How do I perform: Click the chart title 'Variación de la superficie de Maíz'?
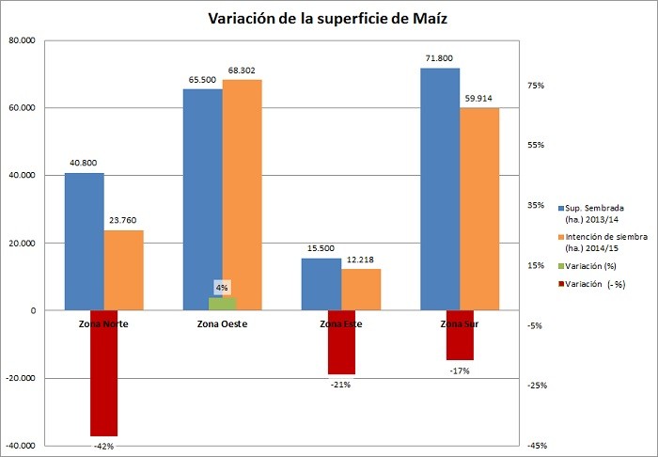(x=329, y=19)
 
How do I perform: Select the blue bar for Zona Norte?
(x=85, y=242)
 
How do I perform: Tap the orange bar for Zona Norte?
(x=123, y=270)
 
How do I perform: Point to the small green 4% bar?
(x=222, y=304)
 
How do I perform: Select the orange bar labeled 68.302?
(x=242, y=195)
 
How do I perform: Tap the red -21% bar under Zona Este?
(x=340, y=342)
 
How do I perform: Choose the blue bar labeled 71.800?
(x=440, y=189)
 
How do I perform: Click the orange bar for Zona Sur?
(x=479, y=209)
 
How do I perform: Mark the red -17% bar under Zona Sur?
(x=460, y=336)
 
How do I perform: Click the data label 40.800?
(x=85, y=162)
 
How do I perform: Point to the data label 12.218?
(x=361, y=259)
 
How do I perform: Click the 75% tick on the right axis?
(x=537, y=86)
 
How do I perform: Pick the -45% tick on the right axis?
(x=537, y=446)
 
